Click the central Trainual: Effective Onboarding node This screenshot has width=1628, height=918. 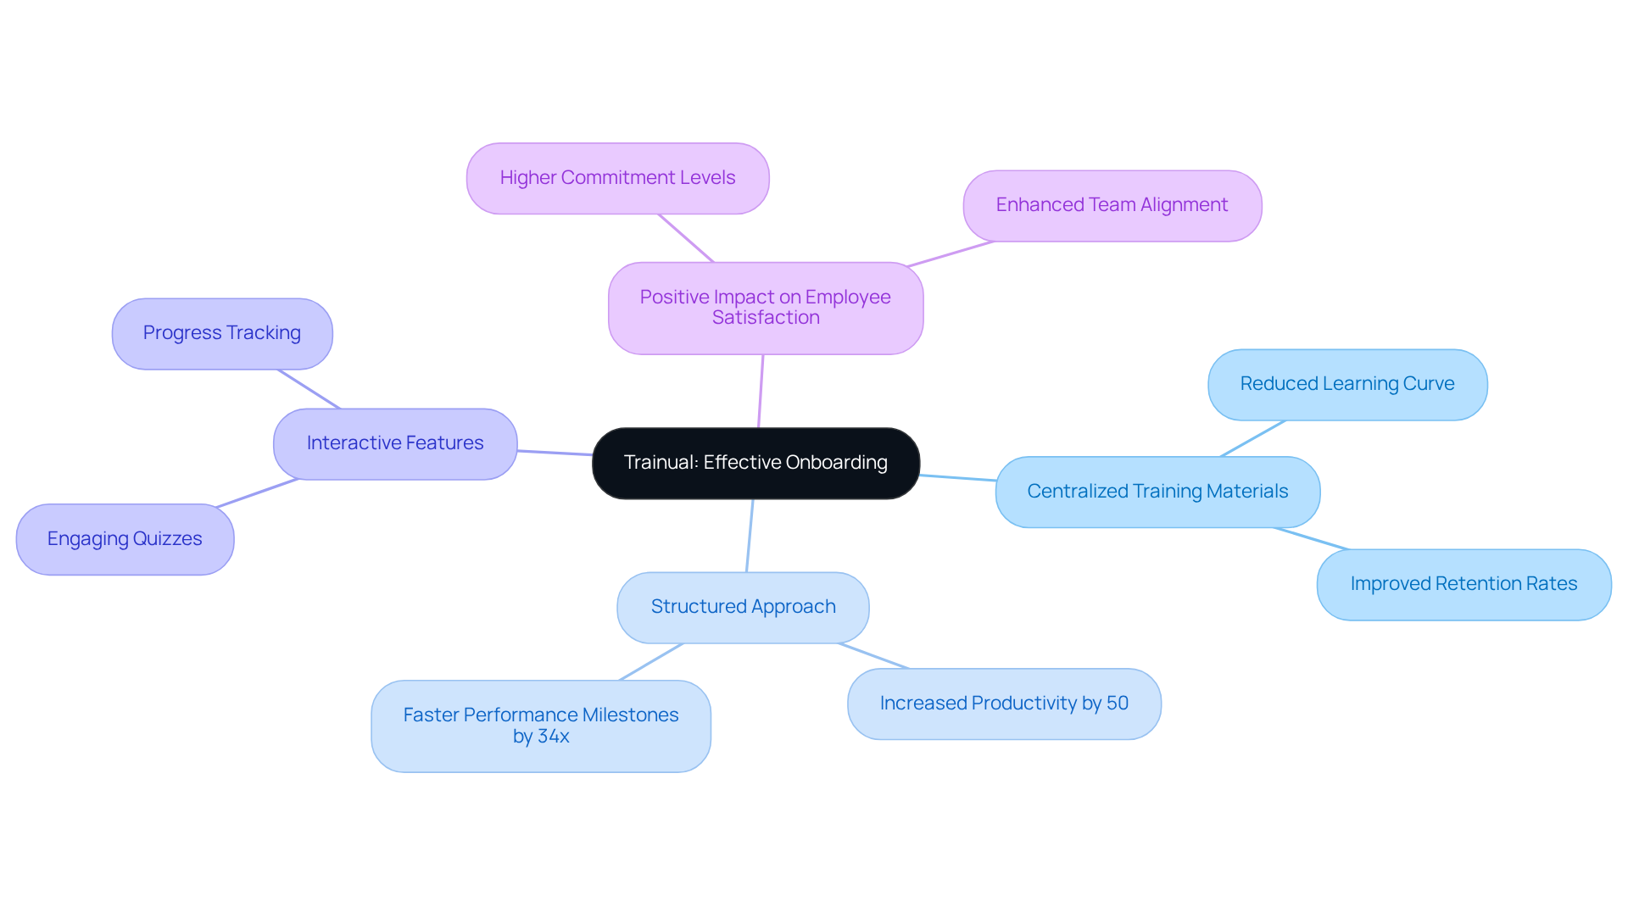755,464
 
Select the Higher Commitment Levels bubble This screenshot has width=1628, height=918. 617,179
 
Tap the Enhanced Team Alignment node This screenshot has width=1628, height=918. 1112,206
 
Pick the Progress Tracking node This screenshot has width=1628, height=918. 221,334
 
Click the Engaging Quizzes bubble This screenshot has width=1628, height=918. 125,540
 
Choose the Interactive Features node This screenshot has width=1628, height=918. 395,444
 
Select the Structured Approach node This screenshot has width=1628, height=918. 743,608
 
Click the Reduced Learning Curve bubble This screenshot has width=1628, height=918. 1346,385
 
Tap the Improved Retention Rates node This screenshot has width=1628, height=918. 1464,585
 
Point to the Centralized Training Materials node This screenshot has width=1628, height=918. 1157,492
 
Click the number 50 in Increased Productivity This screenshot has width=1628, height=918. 1117,704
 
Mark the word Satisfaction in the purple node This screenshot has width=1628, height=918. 766,318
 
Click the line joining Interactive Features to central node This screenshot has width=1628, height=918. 555,453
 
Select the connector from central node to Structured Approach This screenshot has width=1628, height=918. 750,536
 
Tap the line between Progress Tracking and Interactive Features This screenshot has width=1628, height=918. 309,389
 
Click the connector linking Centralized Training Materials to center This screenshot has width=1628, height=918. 958,478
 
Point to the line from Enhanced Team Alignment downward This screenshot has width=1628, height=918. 950,254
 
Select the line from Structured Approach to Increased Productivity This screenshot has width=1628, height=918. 874,656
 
